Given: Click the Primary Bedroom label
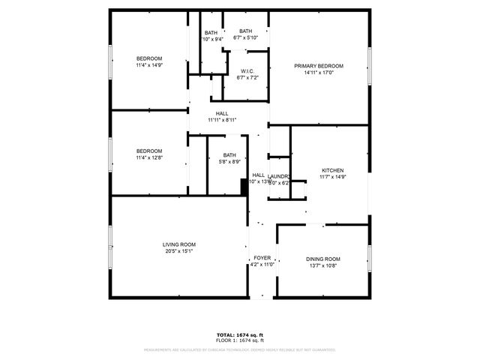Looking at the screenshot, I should (x=319, y=66).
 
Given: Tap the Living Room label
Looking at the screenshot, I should (x=179, y=244).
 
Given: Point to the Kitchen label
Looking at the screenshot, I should (x=332, y=170).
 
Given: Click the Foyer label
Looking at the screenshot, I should (x=262, y=257).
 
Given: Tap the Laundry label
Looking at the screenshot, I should (x=279, y=176).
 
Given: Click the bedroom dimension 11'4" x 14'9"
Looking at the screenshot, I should (x=148, y=65).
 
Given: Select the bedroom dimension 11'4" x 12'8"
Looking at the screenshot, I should (x=148, y=157).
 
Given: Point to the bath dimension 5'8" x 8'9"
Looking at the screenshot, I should (x=229, y=161).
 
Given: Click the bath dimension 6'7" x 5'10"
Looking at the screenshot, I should (x=246, y=37).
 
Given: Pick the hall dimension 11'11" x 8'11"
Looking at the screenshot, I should (x=222, y=120).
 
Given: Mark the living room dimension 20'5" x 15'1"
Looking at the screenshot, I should (x=179, y=251).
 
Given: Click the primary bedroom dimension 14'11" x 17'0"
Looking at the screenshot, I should (x=319, y=73).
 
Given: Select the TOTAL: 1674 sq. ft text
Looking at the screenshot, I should (x=240, y=334).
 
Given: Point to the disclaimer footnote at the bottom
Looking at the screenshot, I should (x=240, y=349).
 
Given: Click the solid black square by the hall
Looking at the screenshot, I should (x=244, y=187).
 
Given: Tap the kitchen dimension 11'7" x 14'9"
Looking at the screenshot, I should (x=332, y=177).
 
